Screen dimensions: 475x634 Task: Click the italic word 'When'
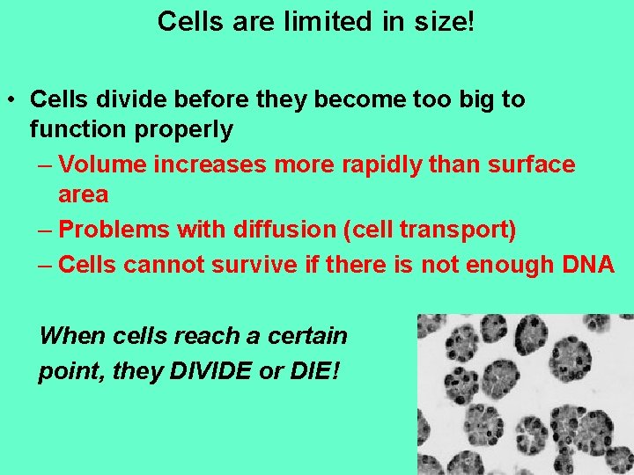(70, 335)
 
